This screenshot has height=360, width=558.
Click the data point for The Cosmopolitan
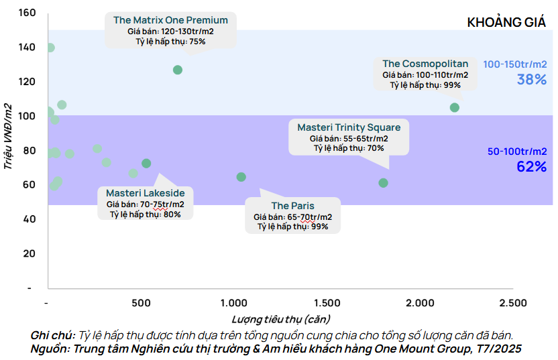pos(455,107)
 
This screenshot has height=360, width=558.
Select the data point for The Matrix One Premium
pos(178,70)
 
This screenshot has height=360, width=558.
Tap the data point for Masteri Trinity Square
pos(384,182)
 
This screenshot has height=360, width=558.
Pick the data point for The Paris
pos(241,177)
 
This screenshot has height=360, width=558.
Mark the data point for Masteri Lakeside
pos(146,164)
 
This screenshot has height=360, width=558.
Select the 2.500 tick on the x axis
pos(512,302)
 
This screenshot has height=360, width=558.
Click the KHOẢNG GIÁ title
pos(505,22)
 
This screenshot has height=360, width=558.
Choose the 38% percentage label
pos(531,79)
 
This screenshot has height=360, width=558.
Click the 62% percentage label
pos(531,166)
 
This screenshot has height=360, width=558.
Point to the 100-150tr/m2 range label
pos(515,64)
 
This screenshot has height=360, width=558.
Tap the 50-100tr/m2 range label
pos(517,152)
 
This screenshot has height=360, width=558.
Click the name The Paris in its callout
pos(292,206)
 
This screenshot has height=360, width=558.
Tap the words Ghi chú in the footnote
pos(52,335)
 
